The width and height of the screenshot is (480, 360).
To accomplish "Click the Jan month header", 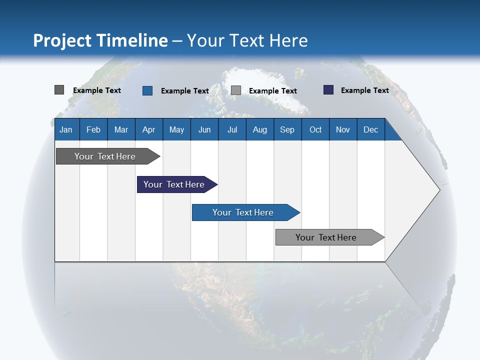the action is click(x=66, y=130).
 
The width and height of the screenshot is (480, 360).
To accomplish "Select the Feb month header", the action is click(x=93, y=130).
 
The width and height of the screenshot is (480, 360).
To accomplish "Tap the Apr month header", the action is click(x=149, y=130).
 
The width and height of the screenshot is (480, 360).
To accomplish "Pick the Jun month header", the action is click(x=204, y=130).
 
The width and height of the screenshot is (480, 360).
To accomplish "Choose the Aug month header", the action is click(x=260, y=130).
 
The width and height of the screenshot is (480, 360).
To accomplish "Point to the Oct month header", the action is click(x=315, y=130).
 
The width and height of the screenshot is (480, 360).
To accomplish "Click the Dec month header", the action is click(x=370, y=130).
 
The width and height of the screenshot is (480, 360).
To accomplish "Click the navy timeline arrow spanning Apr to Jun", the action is click(x=177, y=184).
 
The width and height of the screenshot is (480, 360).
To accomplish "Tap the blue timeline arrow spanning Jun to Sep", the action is click(x=246, y=212).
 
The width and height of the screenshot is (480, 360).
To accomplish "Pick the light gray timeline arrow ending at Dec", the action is click(x=330, y=237).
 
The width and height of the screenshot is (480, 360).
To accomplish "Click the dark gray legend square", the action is click(x=59, y=90).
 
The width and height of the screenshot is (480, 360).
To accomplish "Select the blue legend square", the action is click(x=147, y=90).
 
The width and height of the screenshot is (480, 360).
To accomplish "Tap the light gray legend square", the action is click(x=235, y=90).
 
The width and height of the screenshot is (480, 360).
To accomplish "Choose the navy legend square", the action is click(x=328, y=89).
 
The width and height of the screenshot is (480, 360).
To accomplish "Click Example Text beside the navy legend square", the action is click(x=365, y=90).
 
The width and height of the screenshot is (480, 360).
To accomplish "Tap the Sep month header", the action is click(x=287, y=130).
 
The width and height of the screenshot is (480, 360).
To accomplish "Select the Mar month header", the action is click(x=121, y=130).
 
